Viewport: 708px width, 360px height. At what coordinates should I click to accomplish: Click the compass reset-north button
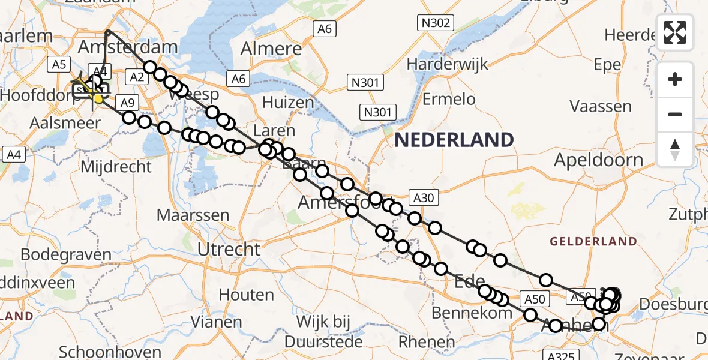tap(675, 149)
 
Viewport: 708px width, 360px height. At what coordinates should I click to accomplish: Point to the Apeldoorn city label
tap(598, 160)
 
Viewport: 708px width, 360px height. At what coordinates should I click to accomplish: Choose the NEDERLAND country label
tap(454, 140)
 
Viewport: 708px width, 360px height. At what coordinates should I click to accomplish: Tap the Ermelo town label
tap(449, 99)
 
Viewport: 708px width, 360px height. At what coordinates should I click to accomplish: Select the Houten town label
tap(247, 295)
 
